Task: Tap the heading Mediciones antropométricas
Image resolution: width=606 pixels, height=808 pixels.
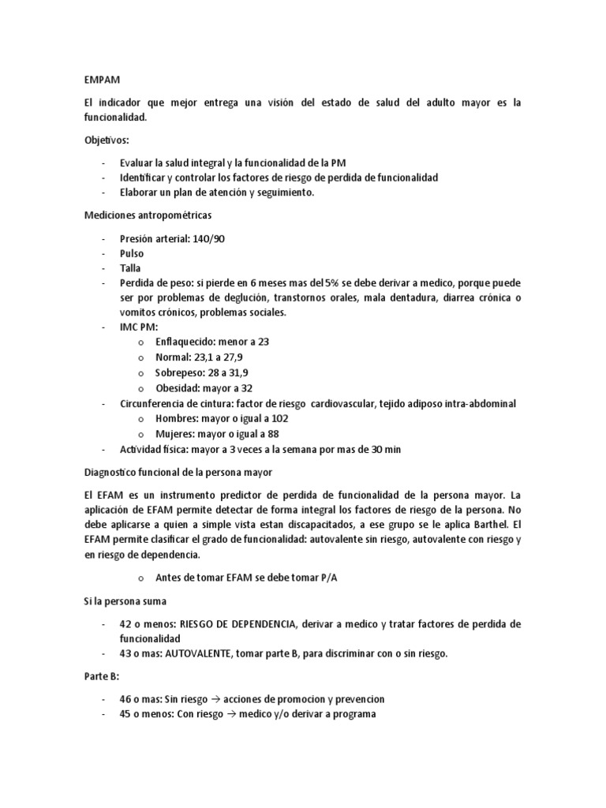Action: click(148, 215)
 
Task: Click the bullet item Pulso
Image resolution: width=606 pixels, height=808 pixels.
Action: click(133, 252)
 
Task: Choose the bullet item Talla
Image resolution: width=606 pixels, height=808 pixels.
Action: click(131, 267)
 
